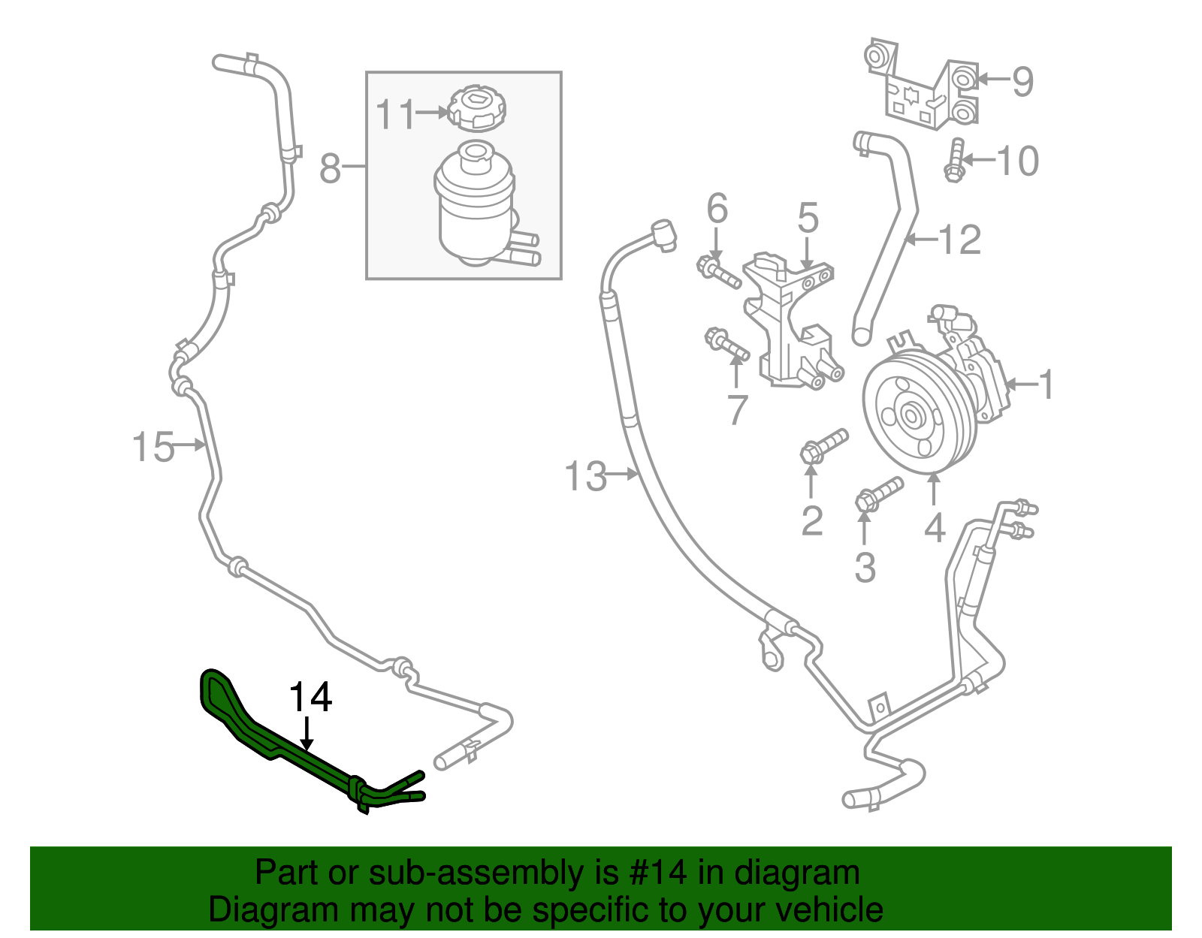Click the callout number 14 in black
click(310, 698)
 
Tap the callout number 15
click(153, 447)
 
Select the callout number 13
click(585, 476)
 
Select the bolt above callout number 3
click(878, 494)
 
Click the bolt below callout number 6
click(719, 273)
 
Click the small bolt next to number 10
click(955, 161)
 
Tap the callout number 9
click(1022, 81)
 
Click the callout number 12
click(960, 240)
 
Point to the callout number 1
click(1046, 385)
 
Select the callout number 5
click(808, 218)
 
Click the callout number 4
click(934, 527)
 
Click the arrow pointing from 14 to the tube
click(307, 733)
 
